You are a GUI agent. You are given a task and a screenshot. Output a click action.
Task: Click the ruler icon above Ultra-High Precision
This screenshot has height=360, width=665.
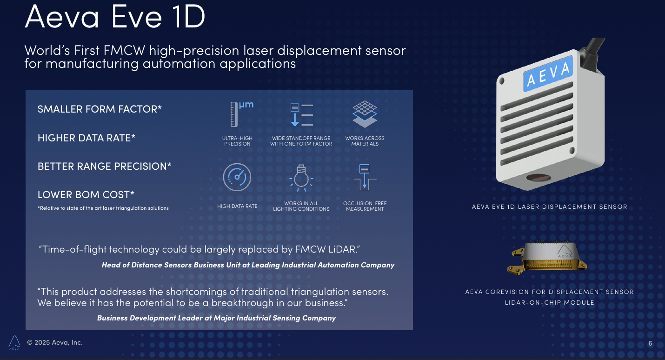coord(234,114)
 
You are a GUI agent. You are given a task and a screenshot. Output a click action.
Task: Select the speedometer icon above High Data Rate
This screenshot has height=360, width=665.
coord(237,177)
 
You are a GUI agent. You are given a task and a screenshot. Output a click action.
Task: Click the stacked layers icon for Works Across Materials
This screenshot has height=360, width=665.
coord(365,114)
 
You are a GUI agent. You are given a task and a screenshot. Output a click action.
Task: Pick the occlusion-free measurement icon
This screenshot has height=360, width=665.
coord(365,177)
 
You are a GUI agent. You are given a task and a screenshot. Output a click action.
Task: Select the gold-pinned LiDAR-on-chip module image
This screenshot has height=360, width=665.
coord(549,259)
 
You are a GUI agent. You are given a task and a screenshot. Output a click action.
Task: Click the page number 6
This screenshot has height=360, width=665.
coord(650,344)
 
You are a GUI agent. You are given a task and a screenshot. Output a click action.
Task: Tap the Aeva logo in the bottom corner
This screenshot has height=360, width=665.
coord(14,342)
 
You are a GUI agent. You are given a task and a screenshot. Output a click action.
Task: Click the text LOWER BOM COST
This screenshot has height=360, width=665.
coord(86,194)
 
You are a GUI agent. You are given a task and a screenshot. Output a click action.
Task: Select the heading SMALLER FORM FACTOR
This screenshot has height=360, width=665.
coord(100,109)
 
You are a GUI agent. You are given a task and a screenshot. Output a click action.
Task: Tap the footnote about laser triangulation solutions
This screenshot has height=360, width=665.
coord(103,208)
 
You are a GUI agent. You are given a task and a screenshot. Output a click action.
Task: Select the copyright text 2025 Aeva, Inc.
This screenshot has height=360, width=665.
coord(55,342)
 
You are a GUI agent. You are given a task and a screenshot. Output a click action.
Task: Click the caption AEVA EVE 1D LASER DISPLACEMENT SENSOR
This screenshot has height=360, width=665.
coord(549,207)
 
